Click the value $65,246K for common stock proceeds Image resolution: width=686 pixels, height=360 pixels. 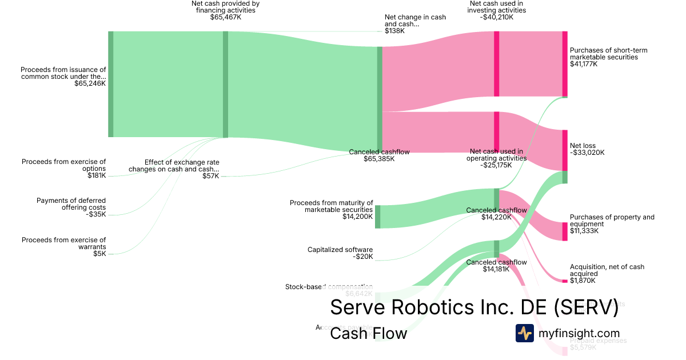coord(90,83)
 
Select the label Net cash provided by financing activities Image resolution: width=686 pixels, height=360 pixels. coord(225,7)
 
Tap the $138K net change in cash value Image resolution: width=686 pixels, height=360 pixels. coord(394,31)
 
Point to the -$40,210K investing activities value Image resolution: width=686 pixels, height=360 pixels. coord(497,17)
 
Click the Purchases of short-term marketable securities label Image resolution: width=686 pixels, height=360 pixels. coord(608,54)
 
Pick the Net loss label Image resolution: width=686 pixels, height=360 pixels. coord(583,146)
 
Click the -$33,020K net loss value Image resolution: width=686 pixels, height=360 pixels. coord(587,153)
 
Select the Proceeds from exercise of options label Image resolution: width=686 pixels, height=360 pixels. coord(64,165)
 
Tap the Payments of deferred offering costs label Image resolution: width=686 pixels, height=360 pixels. coord(71,204)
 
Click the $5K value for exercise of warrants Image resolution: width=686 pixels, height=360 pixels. coord(99,254)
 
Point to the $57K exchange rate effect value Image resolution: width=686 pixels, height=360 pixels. coord(211,176)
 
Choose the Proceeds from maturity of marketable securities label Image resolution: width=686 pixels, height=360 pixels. coord(332,206)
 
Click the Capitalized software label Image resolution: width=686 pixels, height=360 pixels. coord(340,250)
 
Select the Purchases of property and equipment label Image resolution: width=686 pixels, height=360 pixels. coord(612,221)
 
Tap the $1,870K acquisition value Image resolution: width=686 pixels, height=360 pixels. coord(583,281)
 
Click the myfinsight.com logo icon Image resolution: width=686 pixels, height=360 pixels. coord(524,333)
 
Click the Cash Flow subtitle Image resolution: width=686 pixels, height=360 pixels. coord(368,333)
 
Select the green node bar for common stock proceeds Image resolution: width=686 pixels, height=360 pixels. coord(111,84)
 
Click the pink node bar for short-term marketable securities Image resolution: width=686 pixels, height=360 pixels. coord(565,64)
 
